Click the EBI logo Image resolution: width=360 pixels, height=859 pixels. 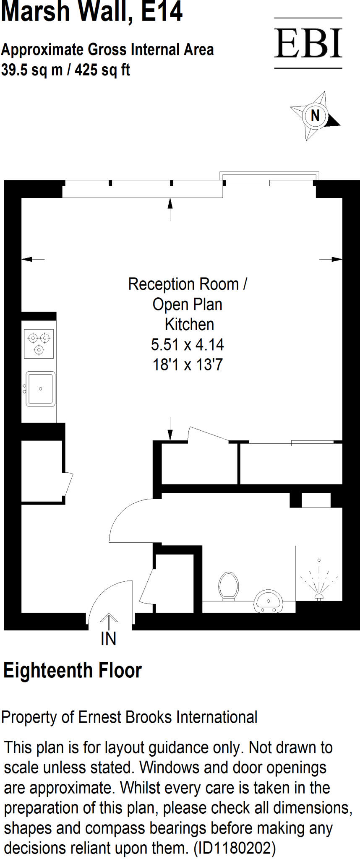308,43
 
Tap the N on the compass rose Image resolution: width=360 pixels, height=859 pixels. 315,115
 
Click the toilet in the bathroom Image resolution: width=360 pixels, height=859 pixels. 229,586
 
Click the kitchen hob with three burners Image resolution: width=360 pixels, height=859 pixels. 39,344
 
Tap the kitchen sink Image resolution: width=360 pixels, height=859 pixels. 40,389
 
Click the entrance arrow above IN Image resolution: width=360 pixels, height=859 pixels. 109,620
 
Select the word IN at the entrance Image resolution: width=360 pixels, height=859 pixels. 108,639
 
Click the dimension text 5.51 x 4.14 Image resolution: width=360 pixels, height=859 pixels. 187,345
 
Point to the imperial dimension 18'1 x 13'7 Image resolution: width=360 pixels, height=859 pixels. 187,365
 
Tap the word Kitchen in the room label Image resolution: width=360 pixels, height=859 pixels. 189,325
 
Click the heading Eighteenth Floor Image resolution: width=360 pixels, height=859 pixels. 73,670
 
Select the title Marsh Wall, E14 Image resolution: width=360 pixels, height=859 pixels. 92,12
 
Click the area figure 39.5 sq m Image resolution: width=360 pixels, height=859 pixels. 32,70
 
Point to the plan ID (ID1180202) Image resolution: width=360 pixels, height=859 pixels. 235,848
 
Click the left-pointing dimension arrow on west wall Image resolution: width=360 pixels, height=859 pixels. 28,259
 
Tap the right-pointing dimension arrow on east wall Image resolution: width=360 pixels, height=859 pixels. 336,259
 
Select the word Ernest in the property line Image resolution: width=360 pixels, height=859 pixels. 101,717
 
